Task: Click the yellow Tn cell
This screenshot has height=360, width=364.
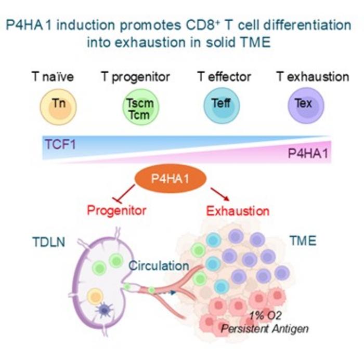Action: tap(58, 107)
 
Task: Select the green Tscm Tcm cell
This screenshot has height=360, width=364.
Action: tap(141, 107)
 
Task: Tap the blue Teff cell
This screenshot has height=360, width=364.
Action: tap(222, 106)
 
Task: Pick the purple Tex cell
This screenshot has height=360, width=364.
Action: tap(306, 105)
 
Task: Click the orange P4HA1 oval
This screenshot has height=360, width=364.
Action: tap(171, 179)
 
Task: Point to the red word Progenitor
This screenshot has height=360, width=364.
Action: tap(116, 211)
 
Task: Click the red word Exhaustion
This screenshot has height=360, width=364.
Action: tap(238, 211)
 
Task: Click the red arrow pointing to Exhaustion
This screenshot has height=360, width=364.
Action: tap(220, 194)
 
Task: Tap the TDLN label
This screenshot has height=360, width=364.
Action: tap(49, 242)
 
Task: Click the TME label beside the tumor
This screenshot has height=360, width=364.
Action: tap(303, 241)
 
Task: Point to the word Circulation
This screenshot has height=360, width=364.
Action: tap(159, 266)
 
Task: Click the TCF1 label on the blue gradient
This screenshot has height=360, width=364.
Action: tap(60, 144)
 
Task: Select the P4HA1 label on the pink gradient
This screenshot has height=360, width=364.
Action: tap(308, 153)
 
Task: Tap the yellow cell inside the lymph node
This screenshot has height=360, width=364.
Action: tap(95, 296)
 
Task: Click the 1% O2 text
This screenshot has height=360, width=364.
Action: tap(265, 316)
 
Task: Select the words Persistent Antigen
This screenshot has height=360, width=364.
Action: tap(265, 329)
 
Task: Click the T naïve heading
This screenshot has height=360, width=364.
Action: tap(53, 77)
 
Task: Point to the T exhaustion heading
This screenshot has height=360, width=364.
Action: tap(313, 76)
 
